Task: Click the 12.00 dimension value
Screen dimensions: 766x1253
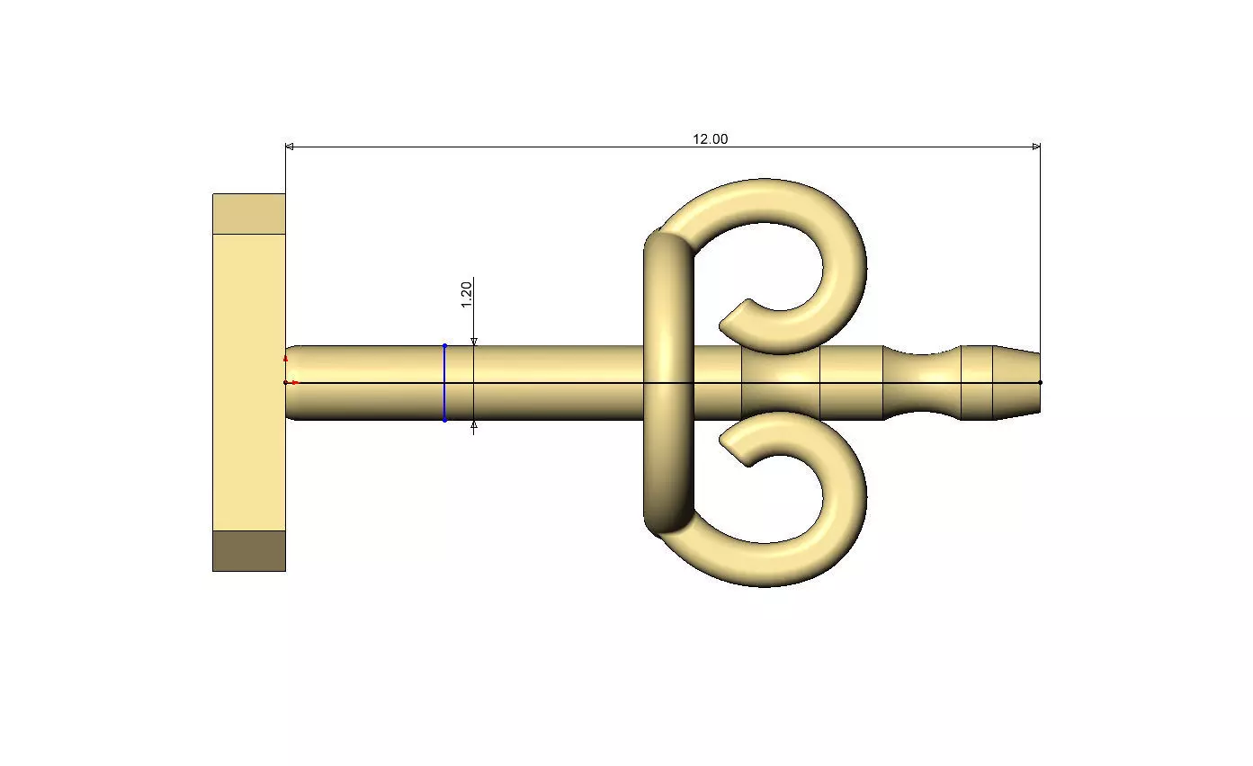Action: (x=710, y=139)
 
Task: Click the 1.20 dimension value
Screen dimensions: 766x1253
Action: (x=466, y=294)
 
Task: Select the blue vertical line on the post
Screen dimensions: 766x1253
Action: (x=444, y=383)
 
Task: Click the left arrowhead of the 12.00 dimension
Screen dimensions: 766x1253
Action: (x=289, y=147)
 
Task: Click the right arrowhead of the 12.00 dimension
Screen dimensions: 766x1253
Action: (x=1036, y=147)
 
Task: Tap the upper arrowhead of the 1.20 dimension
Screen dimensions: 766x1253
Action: (x=474, y=342)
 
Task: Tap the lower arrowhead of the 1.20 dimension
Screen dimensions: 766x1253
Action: (x=474, y=425)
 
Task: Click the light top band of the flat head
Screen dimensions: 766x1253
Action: (x=249, y=214)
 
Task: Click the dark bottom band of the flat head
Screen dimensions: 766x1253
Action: (x=249, y=550)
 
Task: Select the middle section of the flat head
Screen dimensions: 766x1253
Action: (x=249, y=382)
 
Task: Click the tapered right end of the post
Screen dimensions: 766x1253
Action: (x=1016, y=382)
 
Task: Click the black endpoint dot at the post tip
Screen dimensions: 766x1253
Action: (x=1040, y=382)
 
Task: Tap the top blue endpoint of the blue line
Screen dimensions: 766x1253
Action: (x=444, y=345)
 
